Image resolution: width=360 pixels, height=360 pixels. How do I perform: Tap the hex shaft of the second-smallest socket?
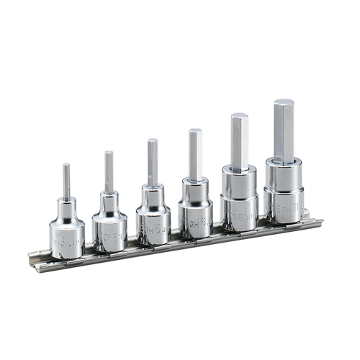point(109,171)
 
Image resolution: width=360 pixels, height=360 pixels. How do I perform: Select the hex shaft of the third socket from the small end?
point(153,161)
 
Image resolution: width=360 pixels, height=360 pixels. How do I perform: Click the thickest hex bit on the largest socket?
point(283,130)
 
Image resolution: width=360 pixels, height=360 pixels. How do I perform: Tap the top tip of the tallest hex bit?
point(283,102)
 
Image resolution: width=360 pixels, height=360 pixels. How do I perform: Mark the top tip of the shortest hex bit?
point(66,165)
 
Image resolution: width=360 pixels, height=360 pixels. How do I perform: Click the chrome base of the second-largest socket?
point(239,209)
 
